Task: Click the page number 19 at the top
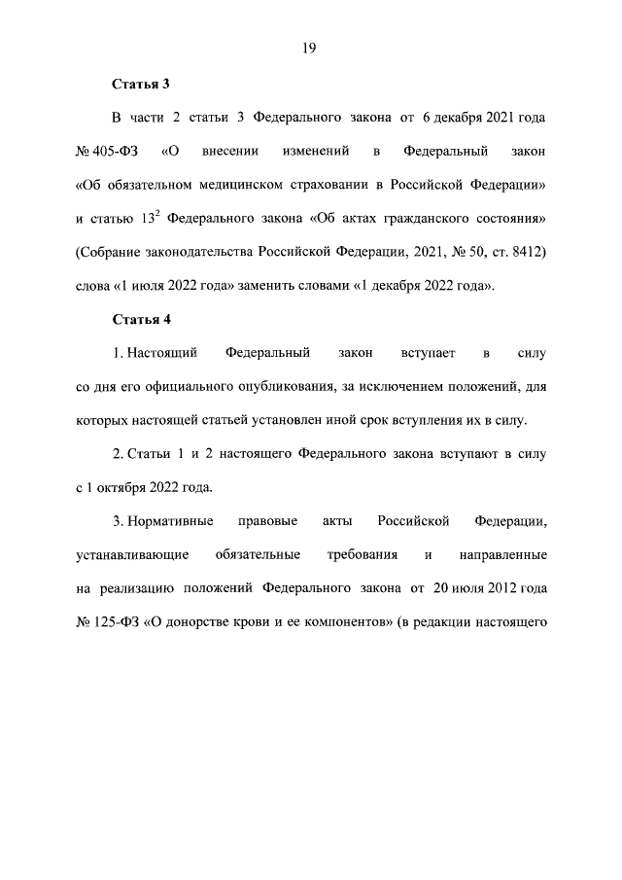click(x=310, y=47)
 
